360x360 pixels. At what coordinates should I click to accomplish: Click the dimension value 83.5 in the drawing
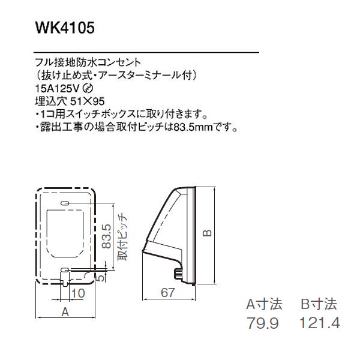coord(106,236)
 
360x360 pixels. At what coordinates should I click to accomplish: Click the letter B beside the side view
coord(206,233)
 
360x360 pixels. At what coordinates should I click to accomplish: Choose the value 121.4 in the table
coord(319,323)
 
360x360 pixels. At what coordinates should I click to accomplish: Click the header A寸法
coord(268,304)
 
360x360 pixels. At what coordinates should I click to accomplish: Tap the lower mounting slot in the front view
coord(65,269)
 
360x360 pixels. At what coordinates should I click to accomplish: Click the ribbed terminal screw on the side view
coord(177,274)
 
